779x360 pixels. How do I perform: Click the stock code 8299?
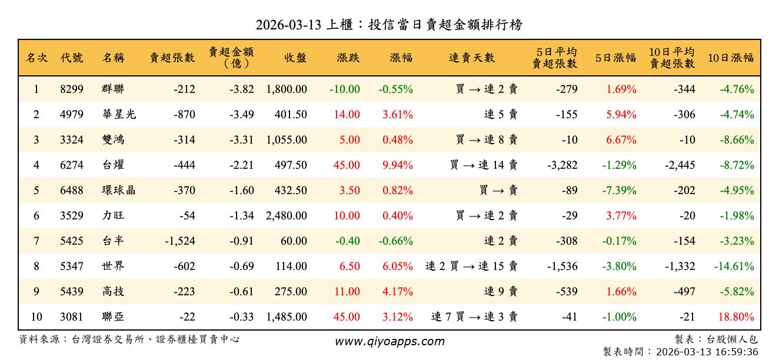[72, 89]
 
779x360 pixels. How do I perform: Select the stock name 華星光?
[118, 115]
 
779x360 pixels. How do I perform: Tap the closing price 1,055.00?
[287, 140]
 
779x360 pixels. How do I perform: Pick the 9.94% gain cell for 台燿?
[397, 165]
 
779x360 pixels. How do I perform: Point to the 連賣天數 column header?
[472, 58]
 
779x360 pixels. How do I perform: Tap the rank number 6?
[36, 216]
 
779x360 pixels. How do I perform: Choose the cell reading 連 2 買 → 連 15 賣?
[471, 266]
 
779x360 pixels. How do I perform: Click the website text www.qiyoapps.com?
[389, 341]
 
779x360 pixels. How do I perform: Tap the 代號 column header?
[72, 58]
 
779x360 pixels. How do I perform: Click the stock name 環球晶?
[118, 191]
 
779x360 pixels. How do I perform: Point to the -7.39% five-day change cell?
[619, 191]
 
